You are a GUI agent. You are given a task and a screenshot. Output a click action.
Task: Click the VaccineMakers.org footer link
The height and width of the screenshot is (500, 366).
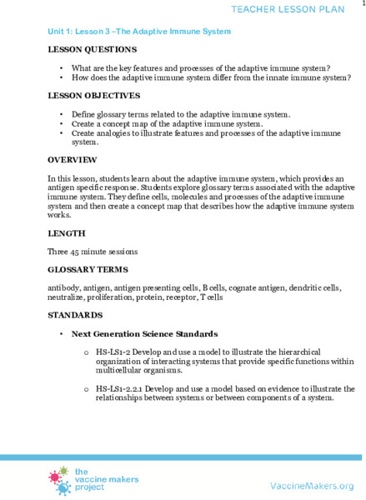313,484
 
